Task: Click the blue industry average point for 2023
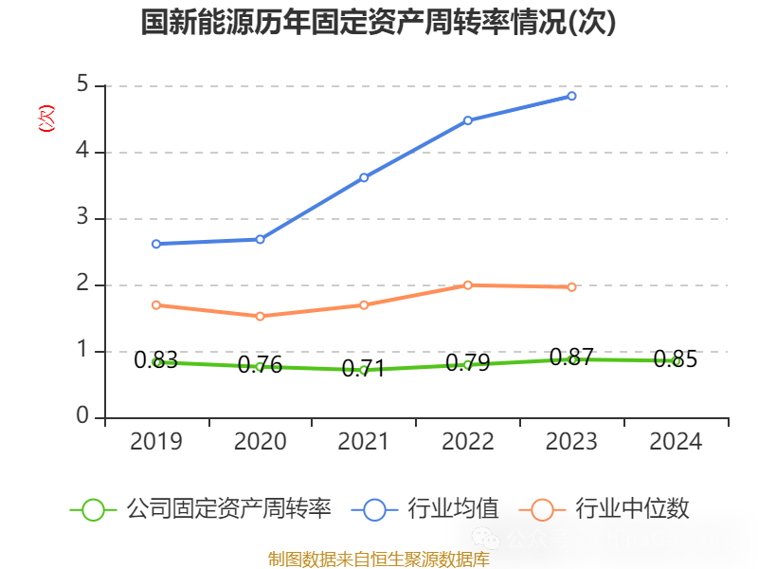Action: [572, 96]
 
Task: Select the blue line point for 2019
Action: [156, 244]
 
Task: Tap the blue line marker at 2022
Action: [468, 120]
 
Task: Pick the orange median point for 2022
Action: [468, 284]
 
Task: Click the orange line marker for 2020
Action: [261, 316]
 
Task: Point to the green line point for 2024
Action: [677, 361]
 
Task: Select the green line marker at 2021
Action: [364, 370]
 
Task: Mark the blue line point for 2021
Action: [364, 177]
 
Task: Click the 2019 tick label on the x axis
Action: [156, 442]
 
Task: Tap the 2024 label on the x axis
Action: [677, 442]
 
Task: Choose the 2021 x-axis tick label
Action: [364, 442]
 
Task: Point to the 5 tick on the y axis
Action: [82, 85]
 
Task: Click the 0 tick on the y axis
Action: [82, 417]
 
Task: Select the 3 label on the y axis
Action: [82, 218]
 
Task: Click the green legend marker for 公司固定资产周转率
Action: [93, 509]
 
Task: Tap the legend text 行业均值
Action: [453, 509]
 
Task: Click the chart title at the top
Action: [379, 23]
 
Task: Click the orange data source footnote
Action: [379, 560]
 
